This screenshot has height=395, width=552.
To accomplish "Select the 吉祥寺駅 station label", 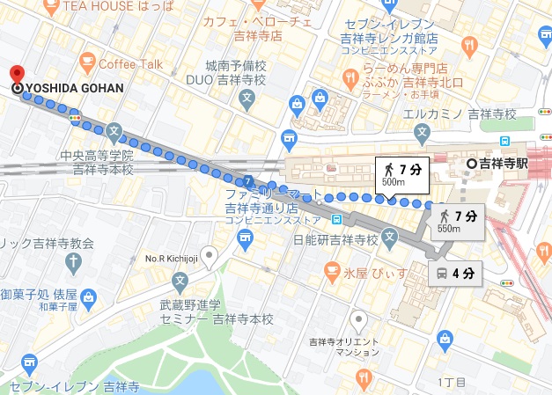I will coord(503,163).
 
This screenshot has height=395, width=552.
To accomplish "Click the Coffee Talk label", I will coord(131,63).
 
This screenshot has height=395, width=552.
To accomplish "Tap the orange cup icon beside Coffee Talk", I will coord(87,61).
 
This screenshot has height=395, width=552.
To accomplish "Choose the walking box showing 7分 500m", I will coord(400,173).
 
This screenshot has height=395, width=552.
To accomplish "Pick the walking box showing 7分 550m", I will coord(458,221).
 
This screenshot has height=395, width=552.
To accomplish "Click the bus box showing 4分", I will coord(455,273).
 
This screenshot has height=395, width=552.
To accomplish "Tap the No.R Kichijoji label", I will coord(173,260).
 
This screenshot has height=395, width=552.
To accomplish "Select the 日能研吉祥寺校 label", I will coord(347,239).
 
